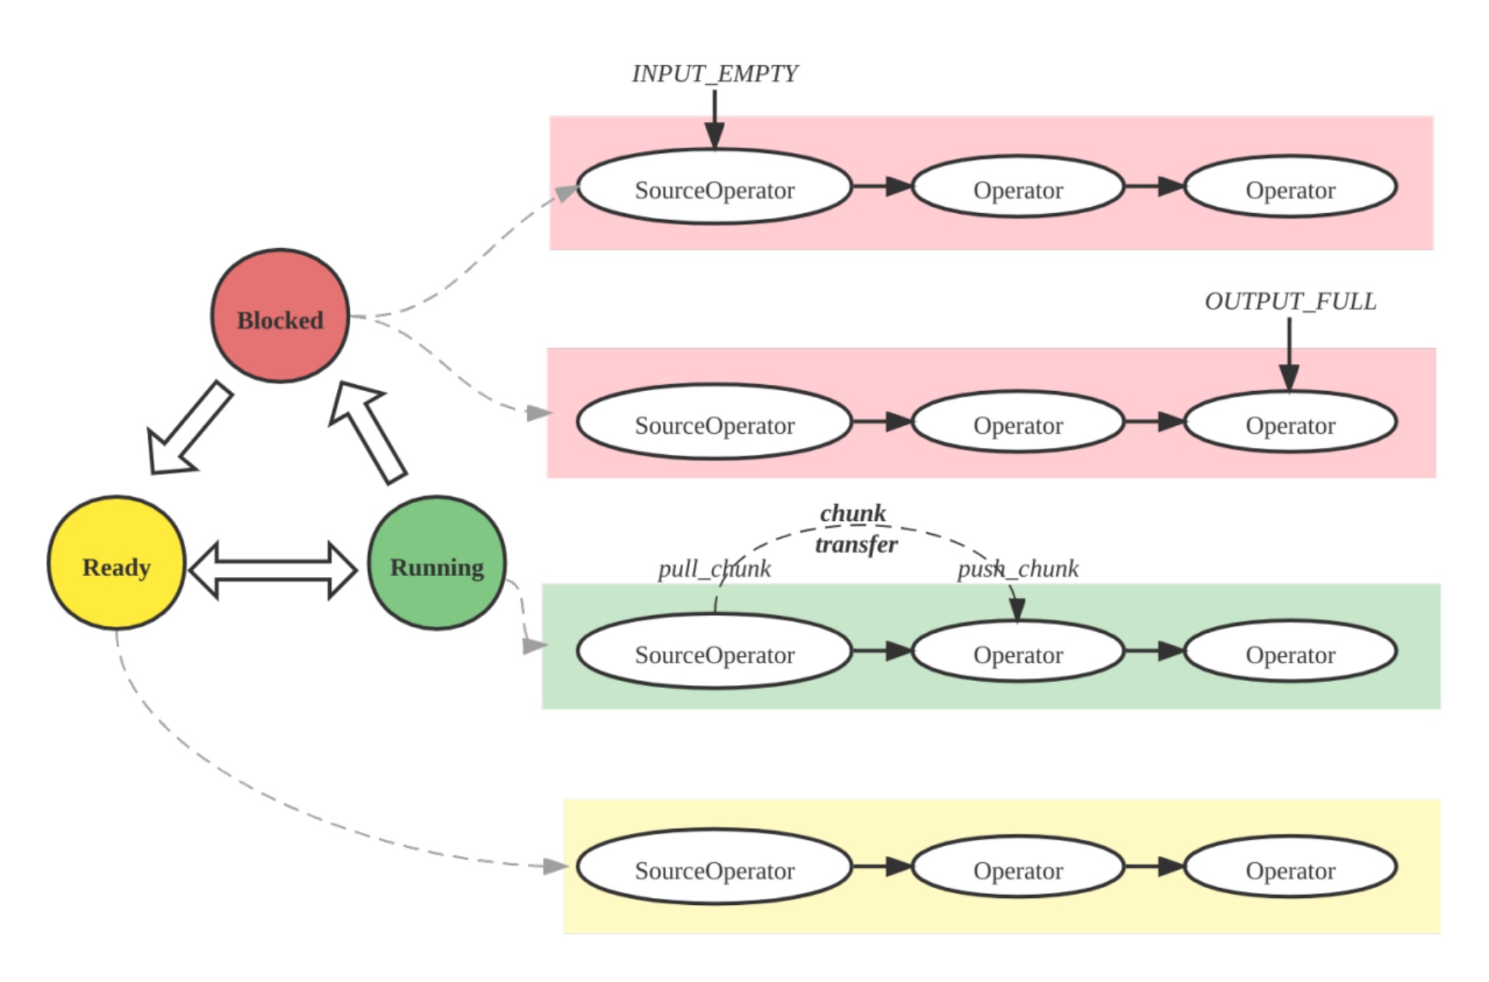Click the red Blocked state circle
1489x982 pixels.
(x=280, y=316)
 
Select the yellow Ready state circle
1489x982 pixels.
(x=117, y=563)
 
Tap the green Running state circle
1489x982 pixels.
(x=436, y=563)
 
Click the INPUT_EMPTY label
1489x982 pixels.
(x=714, y=74)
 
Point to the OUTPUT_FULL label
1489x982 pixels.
(x=1290, y=302)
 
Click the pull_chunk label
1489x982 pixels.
(x=714, y=569)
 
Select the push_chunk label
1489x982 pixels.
(x=1018, y=569)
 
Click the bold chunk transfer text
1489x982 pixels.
(x=855, y=529)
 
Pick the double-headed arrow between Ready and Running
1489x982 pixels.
(x=273, y=571)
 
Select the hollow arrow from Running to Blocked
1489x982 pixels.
(x=367, y=432)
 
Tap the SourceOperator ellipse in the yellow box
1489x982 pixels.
(x=714, y=867)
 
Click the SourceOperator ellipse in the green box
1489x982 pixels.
(x=714, y=652)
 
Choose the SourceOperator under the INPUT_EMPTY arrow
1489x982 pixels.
(x=714, y=187)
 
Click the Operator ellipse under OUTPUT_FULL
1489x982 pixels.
(x=1290, y=422)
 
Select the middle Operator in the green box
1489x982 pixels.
(x=1018, y=652)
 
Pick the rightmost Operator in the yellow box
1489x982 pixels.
(x=1290, y=867)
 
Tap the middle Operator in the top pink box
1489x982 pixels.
(x=1018, y=187)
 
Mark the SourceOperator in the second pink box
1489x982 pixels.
(x=714, y=422)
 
